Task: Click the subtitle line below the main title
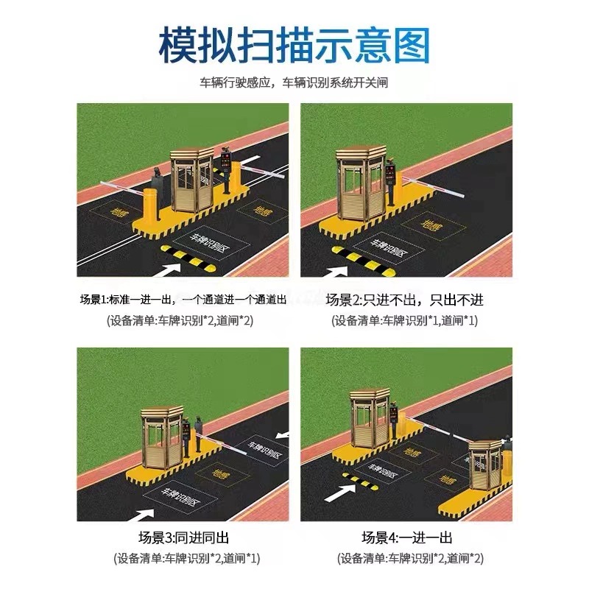[x=294, y=83]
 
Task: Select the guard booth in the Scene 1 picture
[x=192, y=180]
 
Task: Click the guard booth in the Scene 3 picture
[x=159, y=430]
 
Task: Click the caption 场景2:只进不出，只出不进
[x=406, y=300]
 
